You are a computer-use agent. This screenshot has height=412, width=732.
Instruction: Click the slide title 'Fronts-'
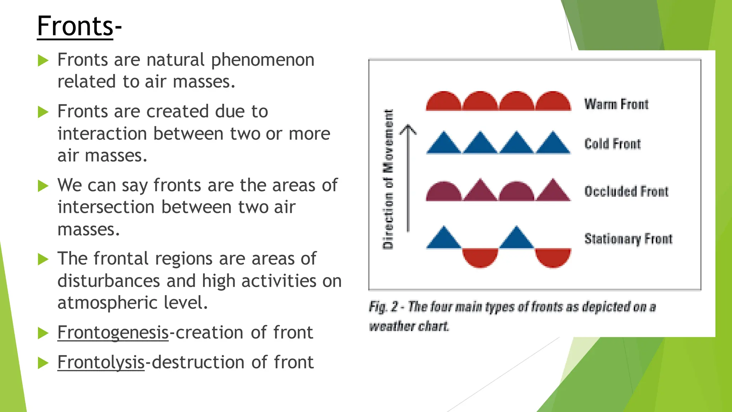pos(79,26)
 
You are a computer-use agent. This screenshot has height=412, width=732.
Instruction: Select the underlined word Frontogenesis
pos(113,333)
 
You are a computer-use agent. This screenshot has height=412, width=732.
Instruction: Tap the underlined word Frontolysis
pos(101,362)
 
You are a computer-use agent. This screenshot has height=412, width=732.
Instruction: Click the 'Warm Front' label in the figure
pos(616,104)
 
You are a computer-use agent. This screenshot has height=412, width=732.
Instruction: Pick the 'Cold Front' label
pos(612,144)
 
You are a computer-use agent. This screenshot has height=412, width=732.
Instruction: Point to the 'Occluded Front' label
pos(626,191)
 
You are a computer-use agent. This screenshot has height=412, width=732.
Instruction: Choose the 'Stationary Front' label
pos(628,239)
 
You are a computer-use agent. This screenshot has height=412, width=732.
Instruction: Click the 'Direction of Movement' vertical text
pos(388,179)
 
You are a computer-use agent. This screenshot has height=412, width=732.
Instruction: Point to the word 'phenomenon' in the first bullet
pos(263,60)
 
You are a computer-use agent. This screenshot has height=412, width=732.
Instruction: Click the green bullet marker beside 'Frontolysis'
pos(43,363)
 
